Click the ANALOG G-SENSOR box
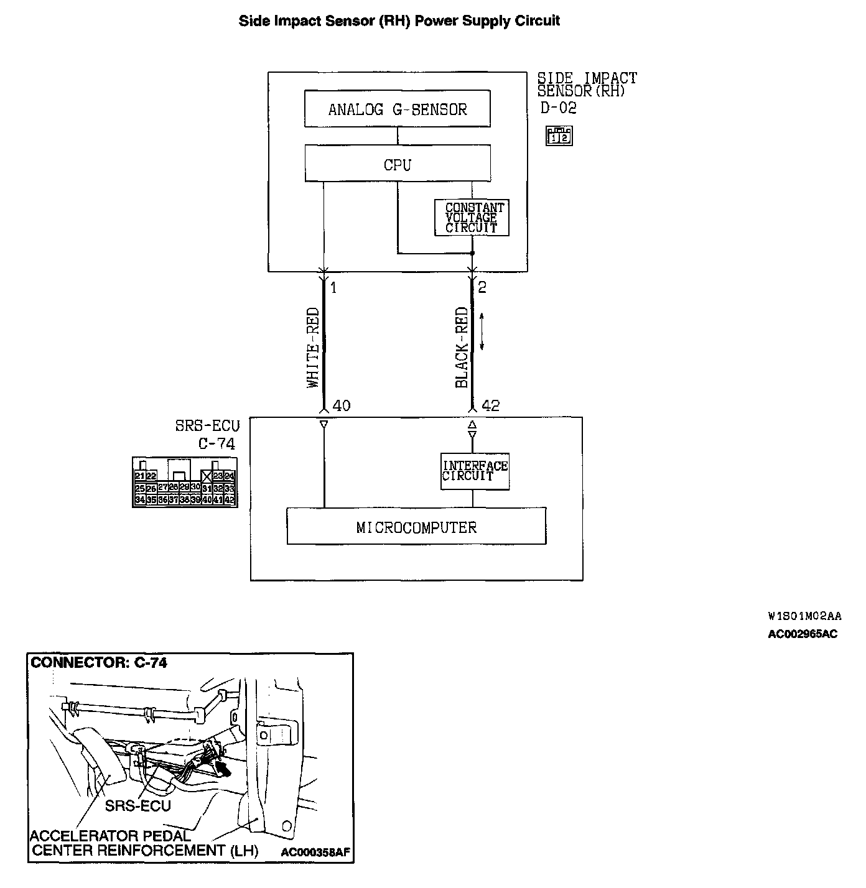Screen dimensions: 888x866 [x=397, y=109]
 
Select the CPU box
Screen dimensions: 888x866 [x=397, y=164]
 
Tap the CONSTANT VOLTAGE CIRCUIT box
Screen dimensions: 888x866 [x=472, y=218]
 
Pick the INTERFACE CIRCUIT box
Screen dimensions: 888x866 [x=474, y=471]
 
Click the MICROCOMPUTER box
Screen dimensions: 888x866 [x=416, y=527]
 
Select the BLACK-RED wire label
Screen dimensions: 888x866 [x=461, y=347]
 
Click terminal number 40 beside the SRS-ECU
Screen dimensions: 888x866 [x=342, y=406]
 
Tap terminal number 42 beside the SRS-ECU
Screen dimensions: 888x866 [x=490, y=406]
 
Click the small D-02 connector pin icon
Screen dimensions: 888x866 [x=559, y=136]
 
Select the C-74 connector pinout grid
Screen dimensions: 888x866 [x=185, y=482]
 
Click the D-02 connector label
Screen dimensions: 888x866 [x=558, y=108]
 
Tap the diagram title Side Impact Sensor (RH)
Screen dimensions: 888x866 [x=399, y=21]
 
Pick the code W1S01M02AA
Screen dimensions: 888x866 [x=804, y=616]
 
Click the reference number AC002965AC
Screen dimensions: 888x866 [x=803, y=634]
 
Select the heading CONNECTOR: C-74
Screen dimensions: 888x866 [x=99, y=663]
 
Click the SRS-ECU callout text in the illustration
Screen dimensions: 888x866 [x=137, y=806]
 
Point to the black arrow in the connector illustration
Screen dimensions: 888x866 [x=223, y=769]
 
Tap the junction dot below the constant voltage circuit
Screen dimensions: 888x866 [x=472, y=254]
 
